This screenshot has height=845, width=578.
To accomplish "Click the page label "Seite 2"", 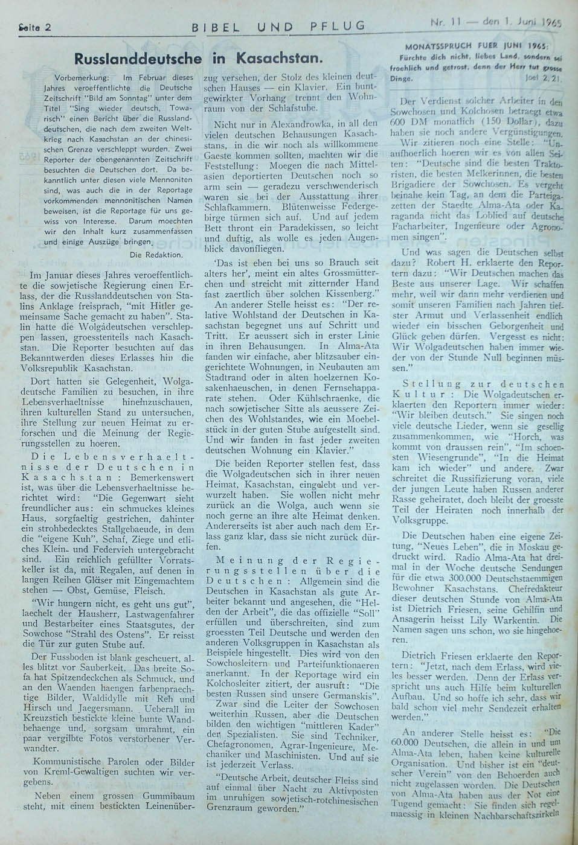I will click(34, 27).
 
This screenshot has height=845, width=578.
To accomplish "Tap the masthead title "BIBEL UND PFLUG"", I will click(278, 25).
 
